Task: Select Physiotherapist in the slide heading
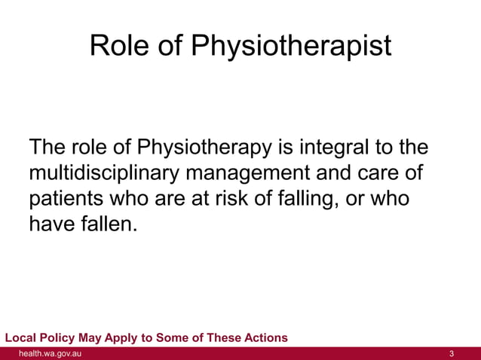(x=290, y=47)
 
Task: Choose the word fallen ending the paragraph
(x=110, y=224)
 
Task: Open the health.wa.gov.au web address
(x=51, y=353)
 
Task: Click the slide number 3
(x=451, y=353)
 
